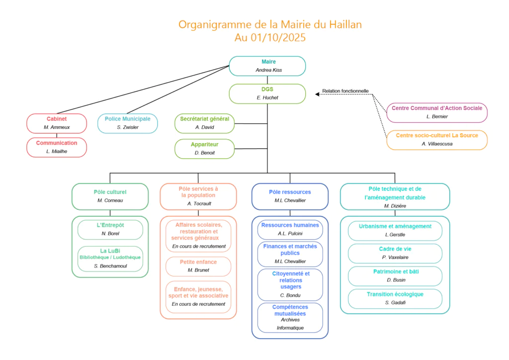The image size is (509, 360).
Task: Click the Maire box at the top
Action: [267, 66]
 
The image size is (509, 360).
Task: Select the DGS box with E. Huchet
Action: [267, 93]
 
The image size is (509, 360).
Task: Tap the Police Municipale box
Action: [127, 123]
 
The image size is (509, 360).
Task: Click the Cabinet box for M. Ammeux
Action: [57, 123]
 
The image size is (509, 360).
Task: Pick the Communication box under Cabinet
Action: [57, 147]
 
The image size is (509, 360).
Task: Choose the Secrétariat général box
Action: [204, 123]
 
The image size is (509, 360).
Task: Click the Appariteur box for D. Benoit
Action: [204, 149]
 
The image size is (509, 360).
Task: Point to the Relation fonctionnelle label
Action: [345, 91]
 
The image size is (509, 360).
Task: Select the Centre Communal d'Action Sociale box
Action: [437, 112]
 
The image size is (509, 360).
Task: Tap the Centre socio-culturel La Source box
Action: [437, 140]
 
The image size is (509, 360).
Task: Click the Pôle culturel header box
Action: [110, 196]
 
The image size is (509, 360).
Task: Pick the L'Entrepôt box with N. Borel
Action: [110, 229]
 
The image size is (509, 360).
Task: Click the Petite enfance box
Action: [198, 266]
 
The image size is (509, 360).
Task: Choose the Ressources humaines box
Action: [290, 229]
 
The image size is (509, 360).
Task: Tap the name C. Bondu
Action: [290, 295]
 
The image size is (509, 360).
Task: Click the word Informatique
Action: [290, 328]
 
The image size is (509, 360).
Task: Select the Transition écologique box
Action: [395, 298]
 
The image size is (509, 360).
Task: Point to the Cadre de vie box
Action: [395, 253]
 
